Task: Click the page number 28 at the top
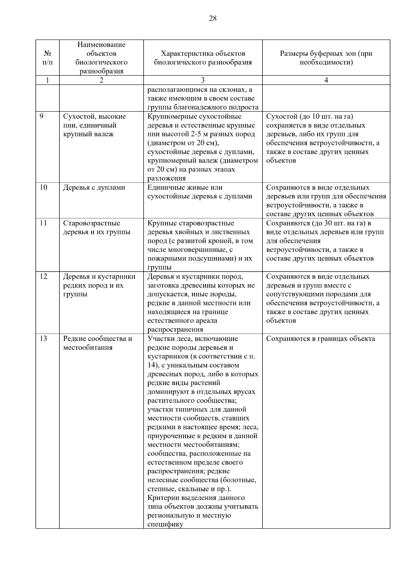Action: tap(213, 19)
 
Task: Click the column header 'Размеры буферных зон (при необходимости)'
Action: tap(326, 58)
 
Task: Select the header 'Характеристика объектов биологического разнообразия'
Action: tap(203, 58)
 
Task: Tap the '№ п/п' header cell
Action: tap(47, 58)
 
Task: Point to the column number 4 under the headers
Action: tap(326, 80)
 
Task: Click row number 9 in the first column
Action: tap(41, 116)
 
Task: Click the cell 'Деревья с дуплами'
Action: tap(94, 187)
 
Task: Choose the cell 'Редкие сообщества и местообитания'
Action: tap(97, 343)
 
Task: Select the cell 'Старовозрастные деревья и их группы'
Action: tap(96, 228)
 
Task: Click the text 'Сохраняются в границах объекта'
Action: tap(320, 339)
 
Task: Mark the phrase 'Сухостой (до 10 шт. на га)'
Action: tap(310, 116)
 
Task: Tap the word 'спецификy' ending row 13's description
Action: tap(165, 524)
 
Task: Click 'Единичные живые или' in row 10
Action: tap(185, 187)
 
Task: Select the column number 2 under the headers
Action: tap(101, 80)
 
